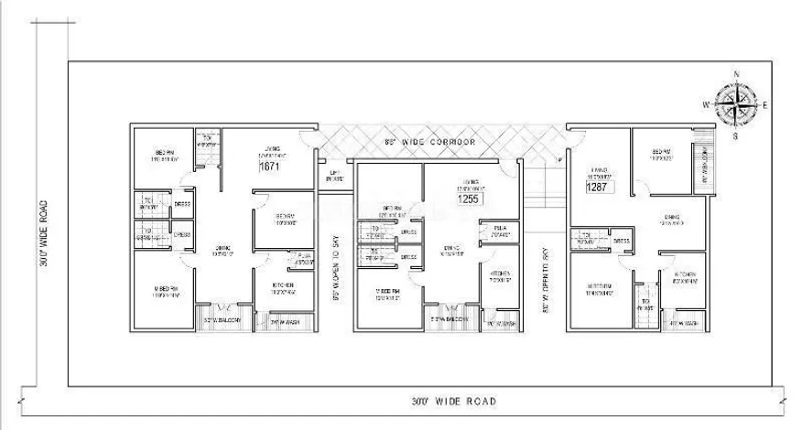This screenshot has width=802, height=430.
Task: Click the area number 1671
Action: point(269,168)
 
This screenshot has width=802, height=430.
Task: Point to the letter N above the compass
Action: point(737,75)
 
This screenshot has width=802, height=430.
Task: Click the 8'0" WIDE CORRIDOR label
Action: point(430,144)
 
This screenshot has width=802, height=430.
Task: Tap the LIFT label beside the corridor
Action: point(335,176)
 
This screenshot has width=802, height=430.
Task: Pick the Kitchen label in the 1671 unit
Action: point(283,285)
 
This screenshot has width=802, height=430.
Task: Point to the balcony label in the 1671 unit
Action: point(222,319)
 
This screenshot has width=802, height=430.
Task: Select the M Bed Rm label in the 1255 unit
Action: point(388,293)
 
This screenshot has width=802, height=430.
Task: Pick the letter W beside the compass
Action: point(707,104)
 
